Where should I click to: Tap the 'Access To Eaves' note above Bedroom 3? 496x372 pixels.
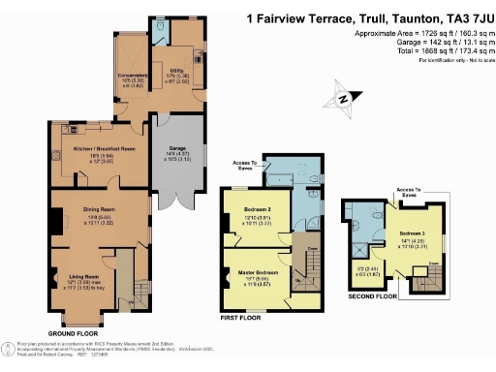point(407,192)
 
